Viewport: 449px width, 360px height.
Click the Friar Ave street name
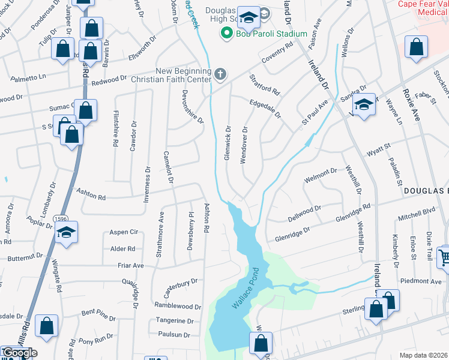(130, 265)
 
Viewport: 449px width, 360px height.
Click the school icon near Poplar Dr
(67, 232)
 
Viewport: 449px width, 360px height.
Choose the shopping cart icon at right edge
(444, 257)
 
